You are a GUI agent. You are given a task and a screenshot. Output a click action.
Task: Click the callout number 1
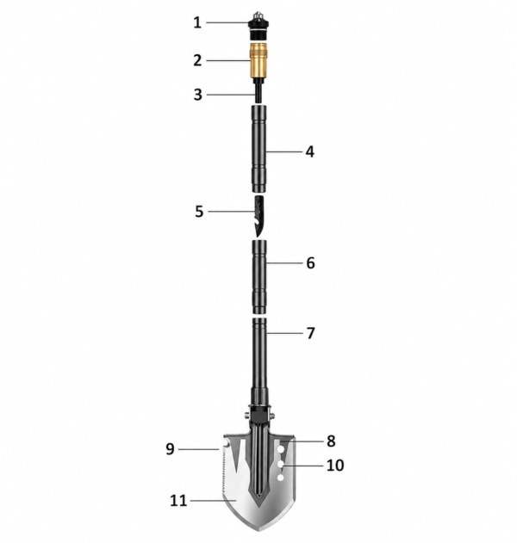click(x=197, y=23)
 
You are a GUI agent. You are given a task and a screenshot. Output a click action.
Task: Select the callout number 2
click(x=197, y=60)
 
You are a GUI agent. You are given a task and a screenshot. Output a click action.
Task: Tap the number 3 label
click(x=197, y=95)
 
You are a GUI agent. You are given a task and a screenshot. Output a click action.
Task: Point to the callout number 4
click(x=310, y=151)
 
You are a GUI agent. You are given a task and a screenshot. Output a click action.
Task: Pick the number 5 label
click(x=199, y=212)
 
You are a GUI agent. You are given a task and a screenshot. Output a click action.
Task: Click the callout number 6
click(x=311, y=263)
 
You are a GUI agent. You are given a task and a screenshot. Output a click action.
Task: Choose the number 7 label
click(x=311, y=333)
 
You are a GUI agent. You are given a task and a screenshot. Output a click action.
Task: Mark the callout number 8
click(x=331, y=441)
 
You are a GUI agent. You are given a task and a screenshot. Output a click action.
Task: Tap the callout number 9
click(x=170, y=449)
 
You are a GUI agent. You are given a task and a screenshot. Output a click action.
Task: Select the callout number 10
click(x=335, y=466)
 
